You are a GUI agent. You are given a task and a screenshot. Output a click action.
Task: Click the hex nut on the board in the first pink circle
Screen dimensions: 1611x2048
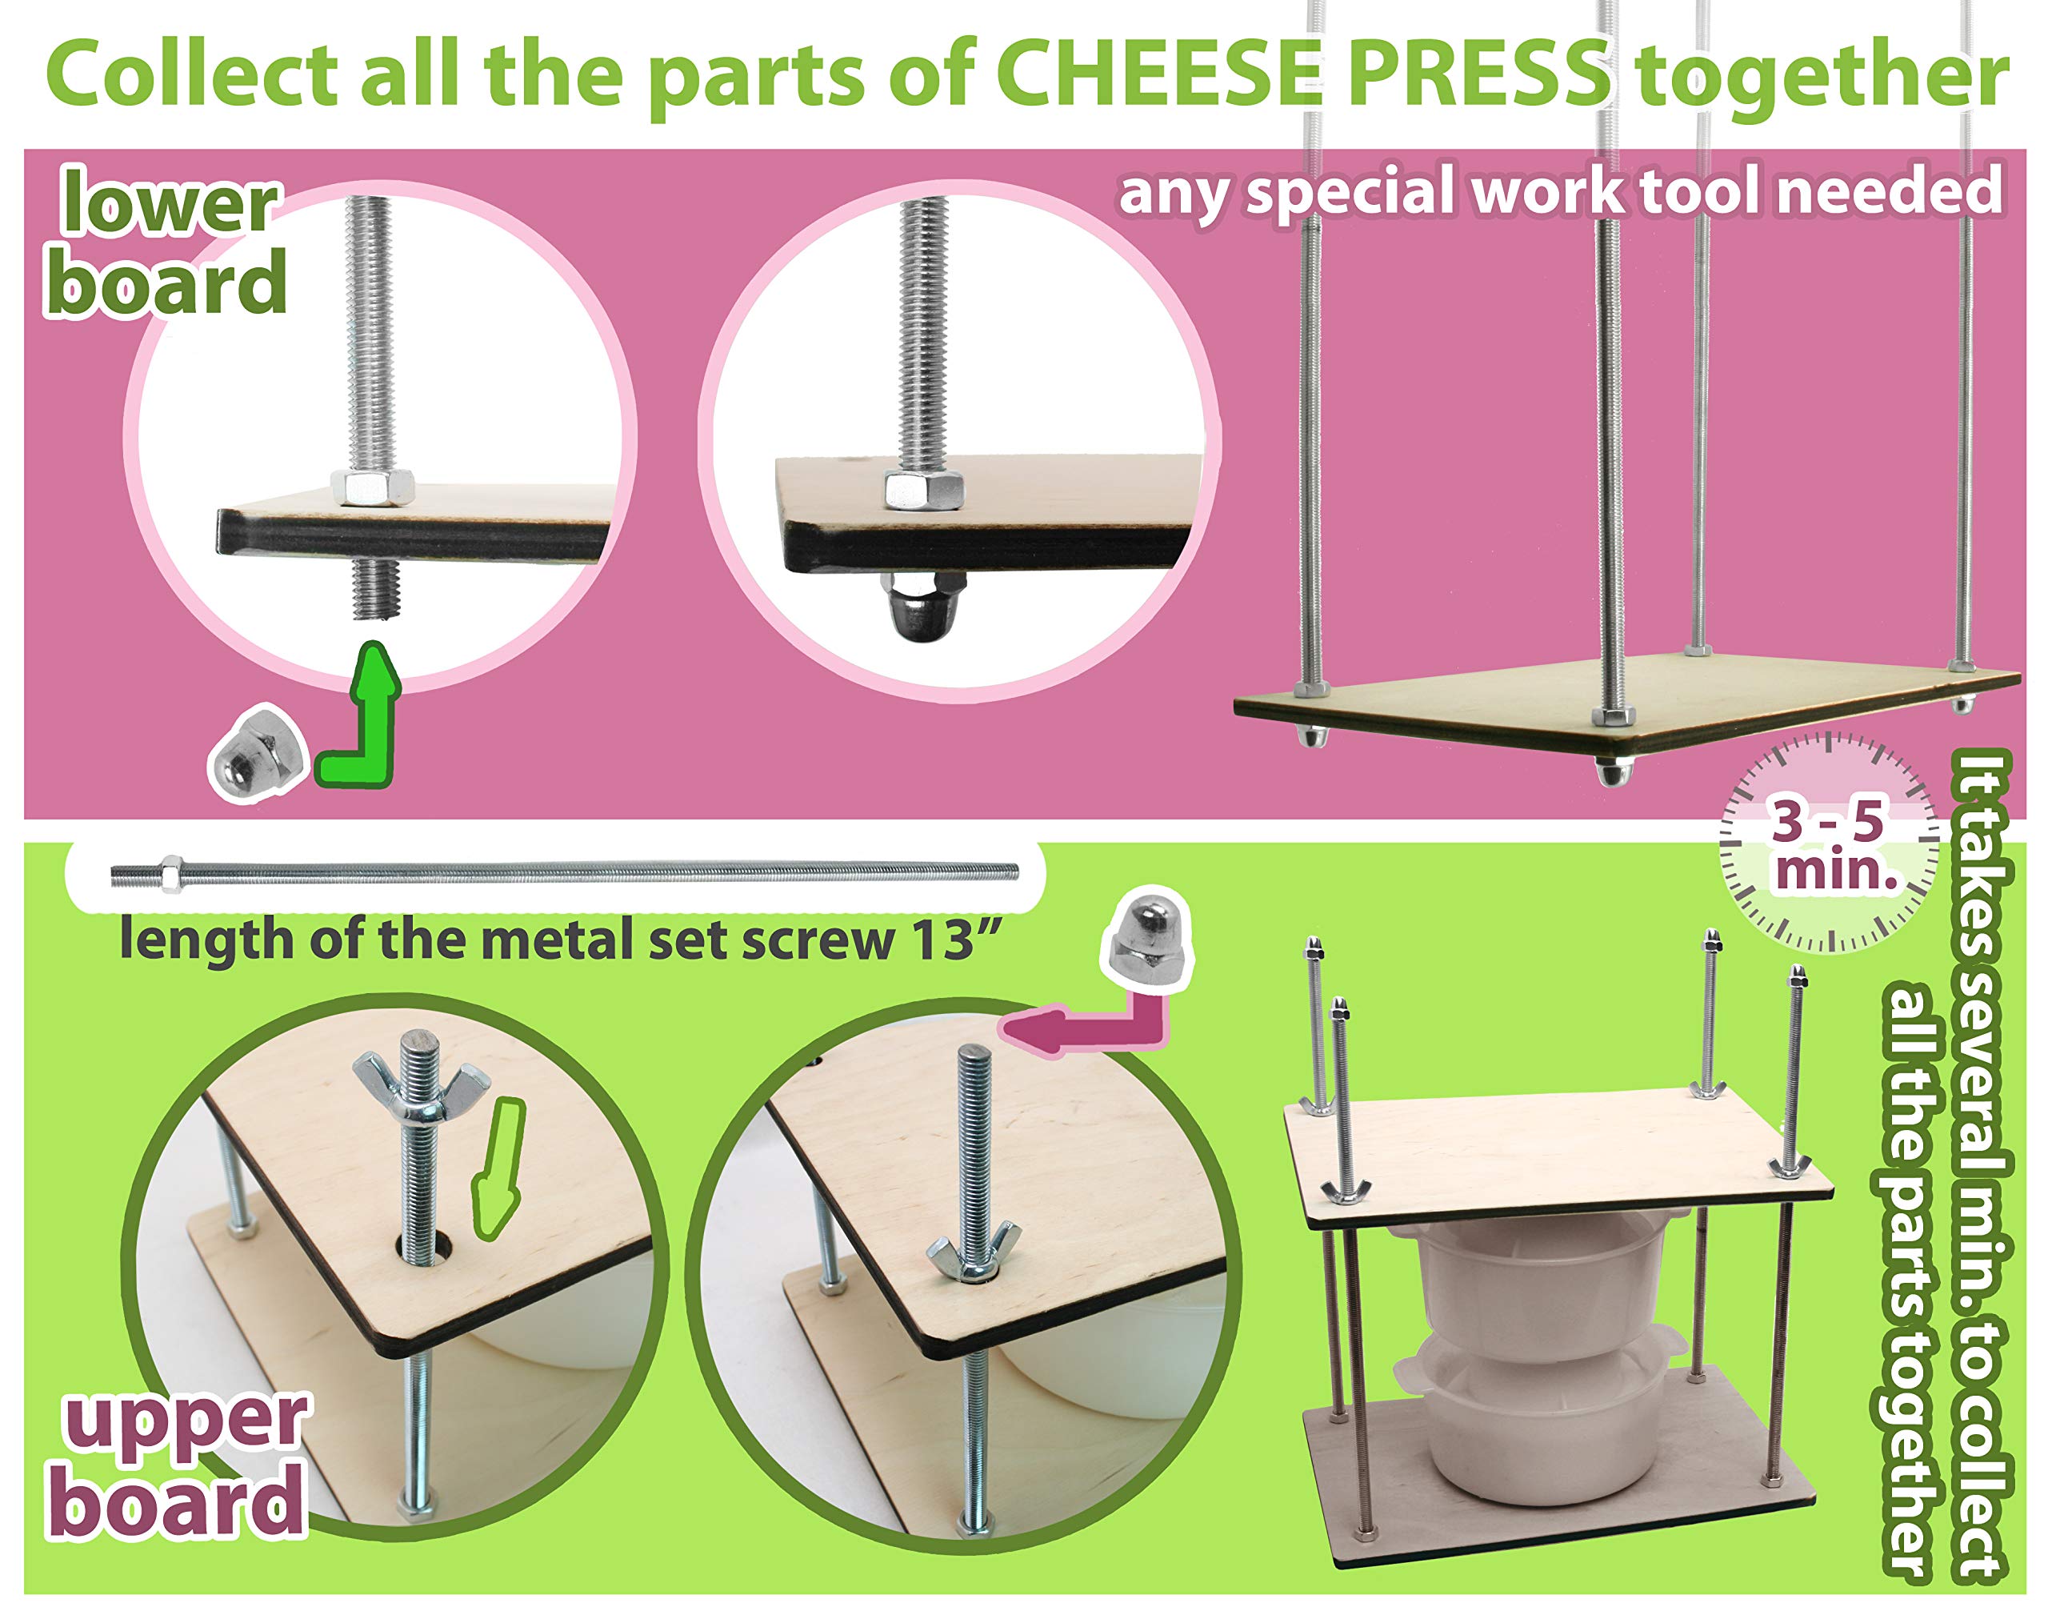pyautogui.click(x=374, y=486)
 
